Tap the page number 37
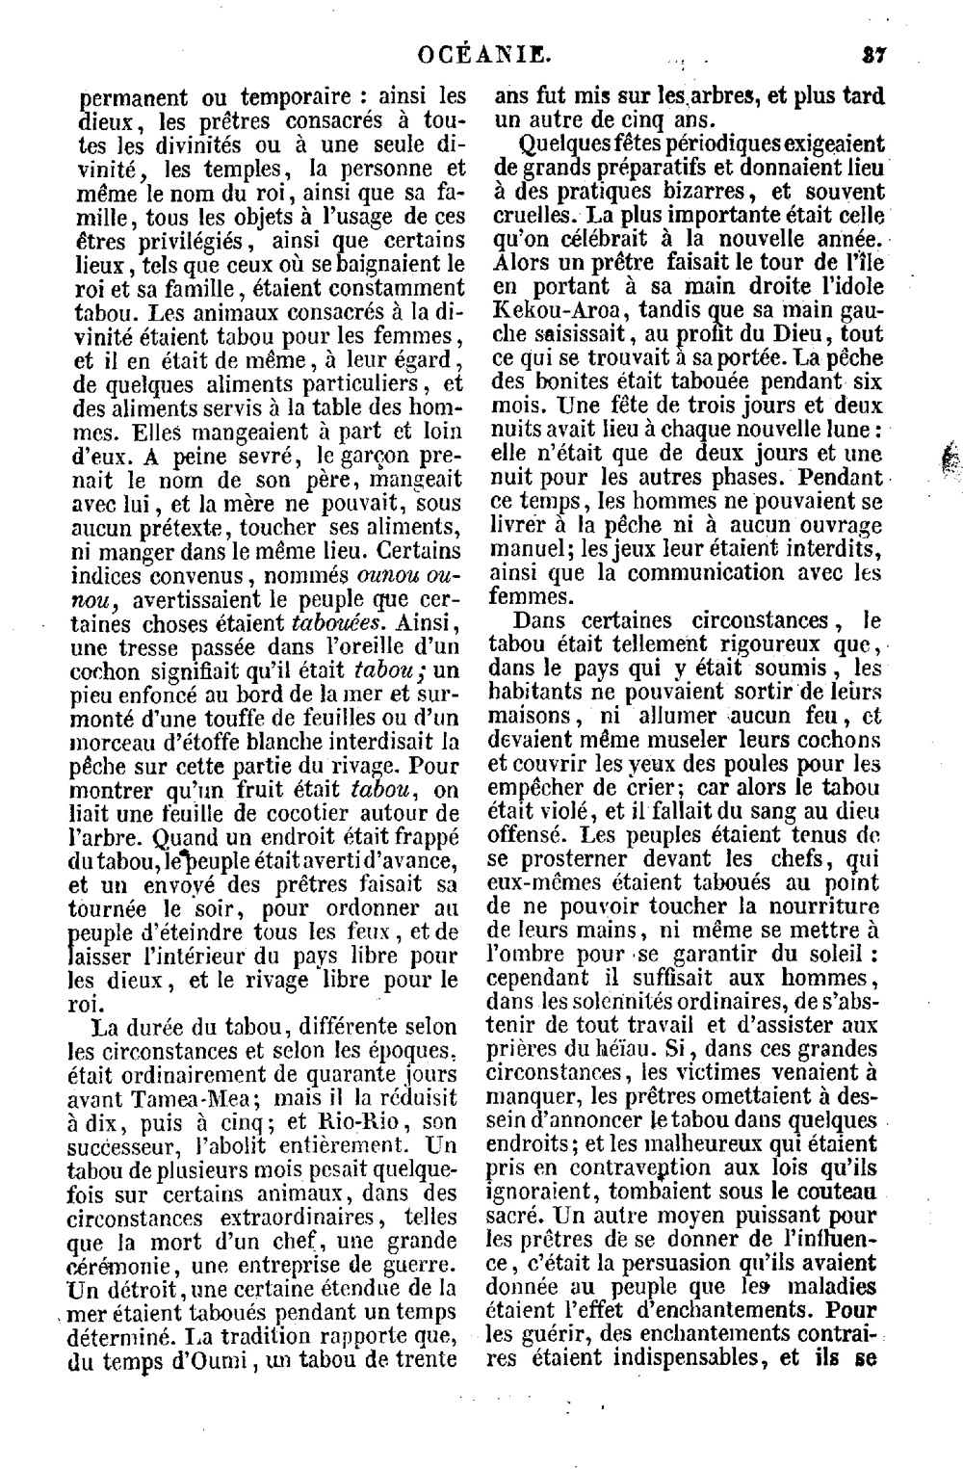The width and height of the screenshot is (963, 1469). click(873, 55)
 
